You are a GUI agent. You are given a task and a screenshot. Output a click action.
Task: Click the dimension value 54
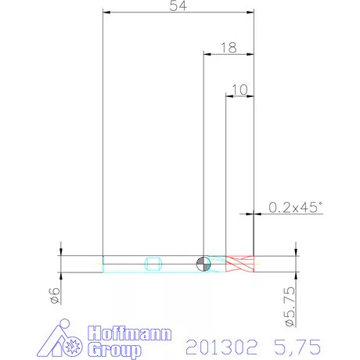point(178,5)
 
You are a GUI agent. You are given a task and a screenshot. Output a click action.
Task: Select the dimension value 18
point(229,48)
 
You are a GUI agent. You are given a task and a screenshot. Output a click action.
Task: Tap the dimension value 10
point(239,90)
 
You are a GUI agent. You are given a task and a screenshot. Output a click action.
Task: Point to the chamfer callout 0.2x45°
point(295,207)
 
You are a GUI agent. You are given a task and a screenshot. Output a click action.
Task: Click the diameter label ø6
point(55,296)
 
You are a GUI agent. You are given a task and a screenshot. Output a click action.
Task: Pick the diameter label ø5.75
point(290,307)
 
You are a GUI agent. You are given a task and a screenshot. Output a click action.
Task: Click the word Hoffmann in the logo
point(130,333)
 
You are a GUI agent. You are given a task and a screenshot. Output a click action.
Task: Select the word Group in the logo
point(114,350)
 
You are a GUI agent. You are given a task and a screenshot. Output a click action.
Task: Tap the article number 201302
point(221,347)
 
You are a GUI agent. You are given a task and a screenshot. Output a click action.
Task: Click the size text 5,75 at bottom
point(297,347)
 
